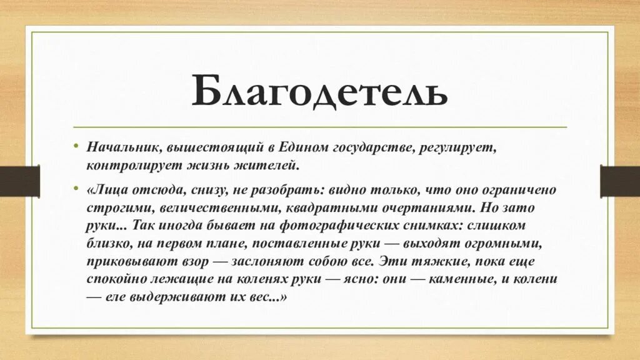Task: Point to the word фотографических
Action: coord(306,224)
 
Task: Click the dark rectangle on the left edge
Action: coord(19,181)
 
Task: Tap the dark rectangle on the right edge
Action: coord(620,181)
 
